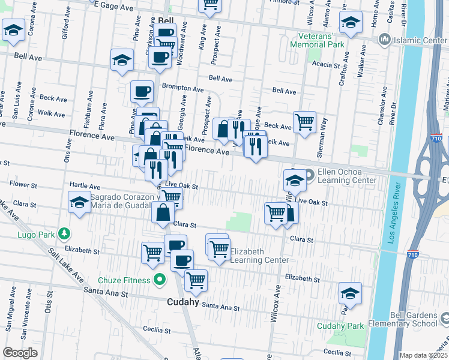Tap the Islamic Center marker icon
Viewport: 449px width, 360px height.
pyautogui.click(x=385, y=40)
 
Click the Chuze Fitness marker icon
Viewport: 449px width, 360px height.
pyautogui.click(x=159, y=279)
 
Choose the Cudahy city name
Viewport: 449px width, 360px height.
pyautogui.click(x=182, y=302)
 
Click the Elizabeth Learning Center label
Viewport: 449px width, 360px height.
pyautogui.click(x=259, y=256)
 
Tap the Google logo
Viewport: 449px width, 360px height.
pyautogui.click(x=20, y=353)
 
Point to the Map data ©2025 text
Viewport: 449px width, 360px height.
pyautogui.click(x=423, y=355)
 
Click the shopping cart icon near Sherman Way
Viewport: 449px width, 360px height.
pyautogui.click(x=305, y=122)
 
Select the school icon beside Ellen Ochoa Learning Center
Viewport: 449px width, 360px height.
pyautogui.click(x=295, y=180)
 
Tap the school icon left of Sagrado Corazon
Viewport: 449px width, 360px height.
pyautogui.click(x=79, y=202)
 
